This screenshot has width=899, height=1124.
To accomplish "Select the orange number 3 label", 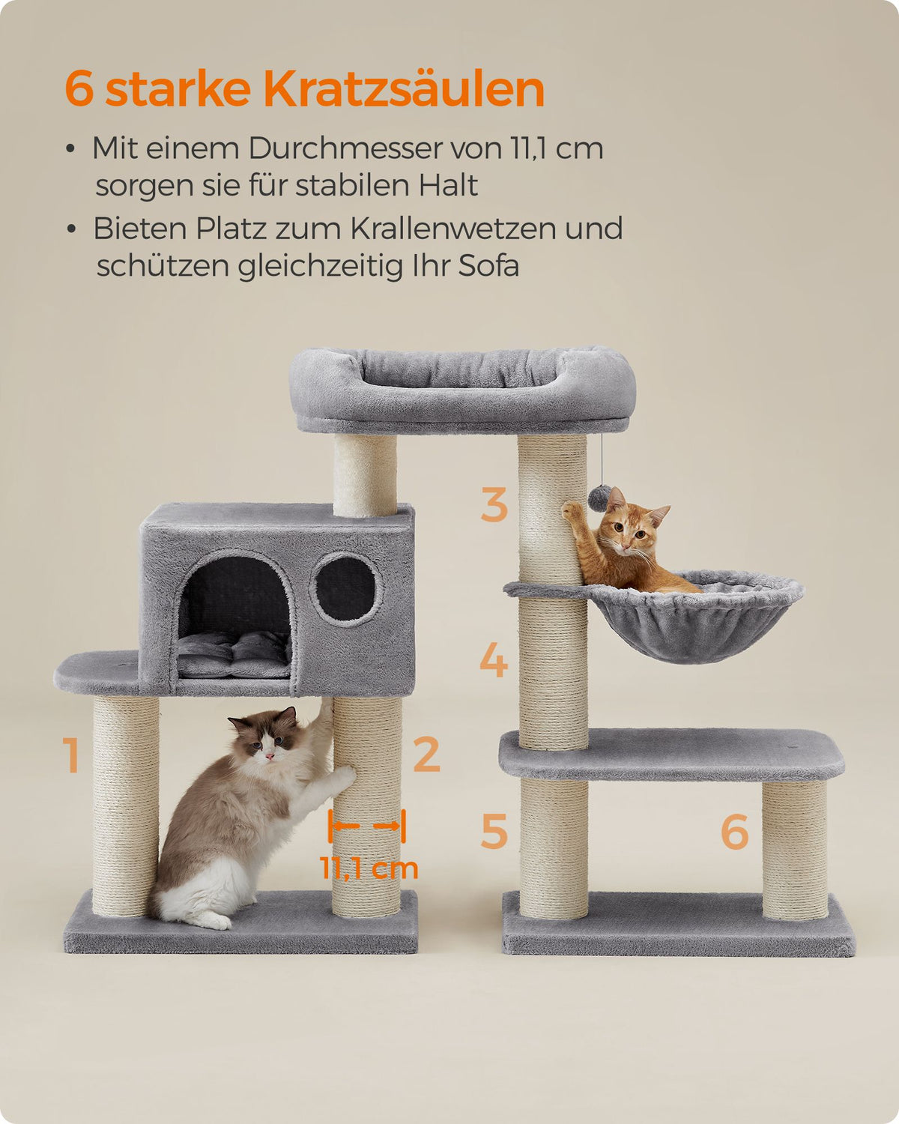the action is (494, 504).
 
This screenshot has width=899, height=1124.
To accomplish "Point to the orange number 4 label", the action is (494, 659).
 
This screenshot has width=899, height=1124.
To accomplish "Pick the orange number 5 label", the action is (494, 830).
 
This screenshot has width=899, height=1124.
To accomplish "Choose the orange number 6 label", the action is (734, 830).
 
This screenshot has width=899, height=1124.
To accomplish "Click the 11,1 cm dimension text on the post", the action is (369, 868).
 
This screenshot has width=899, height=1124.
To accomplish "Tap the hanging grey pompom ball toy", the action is (599, 498).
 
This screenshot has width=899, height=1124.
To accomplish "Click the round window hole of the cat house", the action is (345, 588).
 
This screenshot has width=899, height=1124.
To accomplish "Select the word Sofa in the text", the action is (488, 265).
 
